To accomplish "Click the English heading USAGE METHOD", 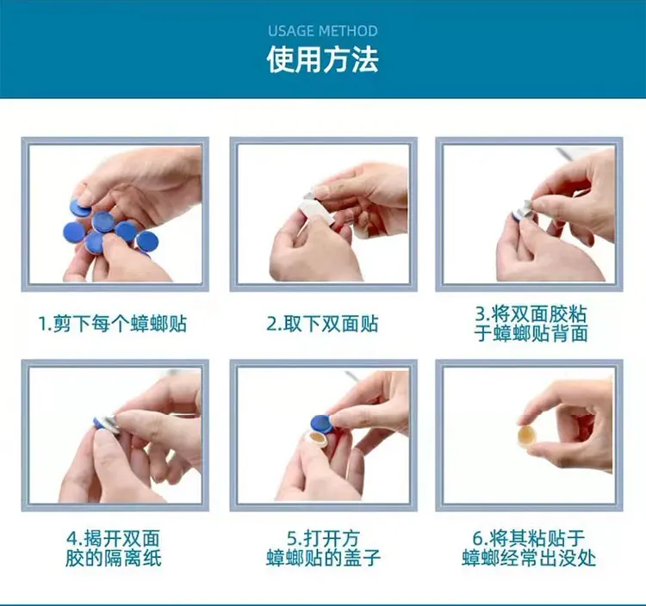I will click(x=322, y=31).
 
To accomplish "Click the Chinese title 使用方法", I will click(x=322, y=60).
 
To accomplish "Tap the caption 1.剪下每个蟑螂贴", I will click(x=113, y=325).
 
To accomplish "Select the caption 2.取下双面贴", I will click(x=322, y=325).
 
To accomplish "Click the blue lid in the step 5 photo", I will click(x=320, y=423).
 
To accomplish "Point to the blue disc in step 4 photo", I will click(x=100, y=422).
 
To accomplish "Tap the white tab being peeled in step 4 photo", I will click(x=110, y=421).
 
